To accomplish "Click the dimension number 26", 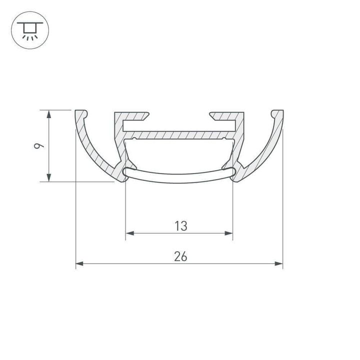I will (180, 256).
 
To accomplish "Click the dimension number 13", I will (181, 226).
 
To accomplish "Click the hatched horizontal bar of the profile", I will (180, 135).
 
